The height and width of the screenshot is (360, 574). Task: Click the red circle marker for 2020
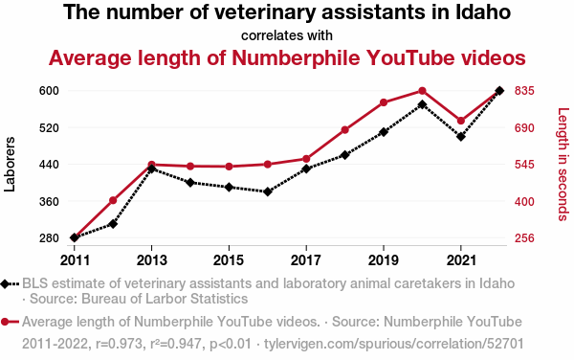click(422, 91)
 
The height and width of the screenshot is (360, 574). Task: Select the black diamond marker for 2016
click(268, 191)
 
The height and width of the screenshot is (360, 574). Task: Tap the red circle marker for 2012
click(113, 200)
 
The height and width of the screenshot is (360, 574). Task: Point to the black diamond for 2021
click(461, 137)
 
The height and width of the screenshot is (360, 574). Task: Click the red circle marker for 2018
click(344, 130)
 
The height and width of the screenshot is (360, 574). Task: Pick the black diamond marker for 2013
click(151, 169)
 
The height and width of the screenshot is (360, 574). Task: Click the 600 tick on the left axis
click(49, 90)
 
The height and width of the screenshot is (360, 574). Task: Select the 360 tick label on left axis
click(49, 202)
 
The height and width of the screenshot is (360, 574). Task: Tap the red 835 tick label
click(524, 90)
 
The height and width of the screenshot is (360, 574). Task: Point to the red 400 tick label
click(524, 202)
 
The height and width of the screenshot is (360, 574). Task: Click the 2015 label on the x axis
click(229, 260)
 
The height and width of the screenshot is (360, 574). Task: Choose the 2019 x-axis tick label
click(384, 260)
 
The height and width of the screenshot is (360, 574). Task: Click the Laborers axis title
click(10, 164)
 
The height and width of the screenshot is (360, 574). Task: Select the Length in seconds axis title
click(563, 164)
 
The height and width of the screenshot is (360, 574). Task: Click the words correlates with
click(287, 35)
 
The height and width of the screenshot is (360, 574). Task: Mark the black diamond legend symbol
click(5, 284)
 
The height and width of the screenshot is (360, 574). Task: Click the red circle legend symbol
click(5, 323)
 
